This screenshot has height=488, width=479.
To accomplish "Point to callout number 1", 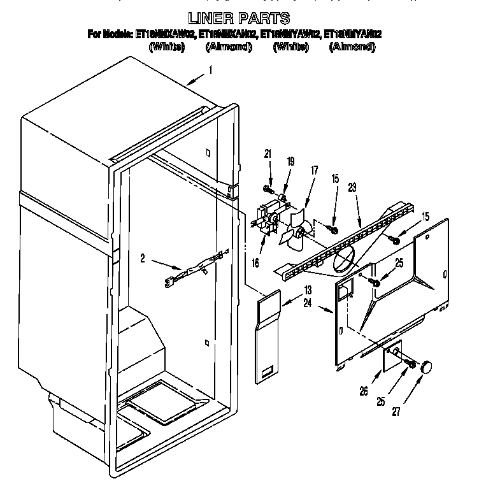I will pos(210,71).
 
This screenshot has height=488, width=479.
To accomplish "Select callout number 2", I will pos(143,258).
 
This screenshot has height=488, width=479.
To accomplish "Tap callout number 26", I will pos(363,391).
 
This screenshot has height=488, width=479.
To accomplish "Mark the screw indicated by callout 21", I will pos(267,188).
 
